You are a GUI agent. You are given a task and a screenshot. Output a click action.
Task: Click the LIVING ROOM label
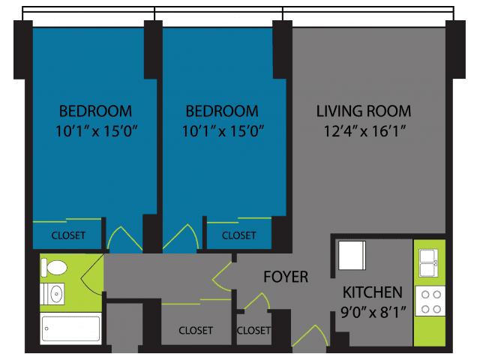click(x=363, y=111)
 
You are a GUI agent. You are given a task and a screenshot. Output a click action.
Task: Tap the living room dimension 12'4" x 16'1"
click(x=364, y=131)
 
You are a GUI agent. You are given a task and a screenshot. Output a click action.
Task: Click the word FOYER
click(x=286, y=277)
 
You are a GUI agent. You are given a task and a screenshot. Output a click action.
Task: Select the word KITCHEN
click(x=372, y=292)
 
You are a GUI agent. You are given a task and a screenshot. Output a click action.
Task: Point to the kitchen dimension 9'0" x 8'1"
click(x=373, y=313)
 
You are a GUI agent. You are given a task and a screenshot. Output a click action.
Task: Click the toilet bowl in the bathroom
click(x=54, y=268)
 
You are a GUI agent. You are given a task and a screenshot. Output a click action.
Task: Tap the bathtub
click(x=70, y=328)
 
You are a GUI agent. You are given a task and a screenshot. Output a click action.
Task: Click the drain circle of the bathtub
click(x=46, y=328)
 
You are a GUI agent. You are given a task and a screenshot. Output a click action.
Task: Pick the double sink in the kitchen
click(x=428, y=263)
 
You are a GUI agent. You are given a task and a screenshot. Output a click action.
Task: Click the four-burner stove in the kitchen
click(x=430, y=301)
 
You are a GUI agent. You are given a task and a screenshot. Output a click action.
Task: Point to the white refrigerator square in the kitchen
click(x=352, y=256)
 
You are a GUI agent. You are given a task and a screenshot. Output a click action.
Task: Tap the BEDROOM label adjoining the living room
click(x=222, y=111)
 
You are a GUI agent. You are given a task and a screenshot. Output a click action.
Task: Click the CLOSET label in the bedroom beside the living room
click(x=238, y=235)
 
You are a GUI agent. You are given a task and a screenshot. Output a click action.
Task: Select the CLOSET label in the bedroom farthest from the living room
click(x=68, y=235)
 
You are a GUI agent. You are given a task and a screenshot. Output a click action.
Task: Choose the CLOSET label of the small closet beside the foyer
click(x=253, y=330)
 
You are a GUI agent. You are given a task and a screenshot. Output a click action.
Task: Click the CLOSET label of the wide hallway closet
click(x=196, y=330)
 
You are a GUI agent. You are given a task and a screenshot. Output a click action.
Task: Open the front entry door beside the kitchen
click(x=310, y=335)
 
